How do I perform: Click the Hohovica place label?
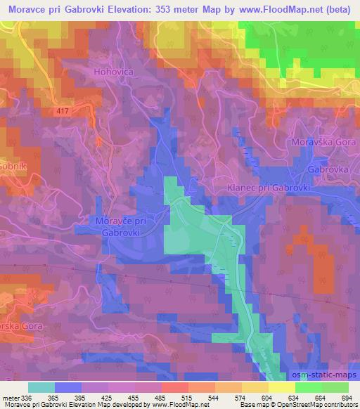tap(111, 71)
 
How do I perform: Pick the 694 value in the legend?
tap(345, 398)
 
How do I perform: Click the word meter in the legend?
tap(11, 398)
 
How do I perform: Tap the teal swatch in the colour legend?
tap(41, 387)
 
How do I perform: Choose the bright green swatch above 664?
tap(309, 387)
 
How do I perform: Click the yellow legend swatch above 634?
tap(281, 387)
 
